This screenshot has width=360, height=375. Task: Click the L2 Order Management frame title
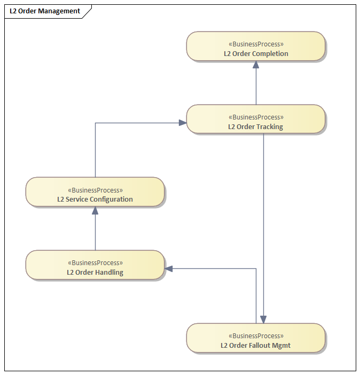click(x=45, y=11)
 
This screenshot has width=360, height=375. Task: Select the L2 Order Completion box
click(x=256, y=46)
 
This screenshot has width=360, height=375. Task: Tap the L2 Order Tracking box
click(x=256, y=119)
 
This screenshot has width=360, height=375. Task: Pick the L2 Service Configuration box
click(x=95, y=192)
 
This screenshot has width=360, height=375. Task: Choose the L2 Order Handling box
click(x=95, y=265)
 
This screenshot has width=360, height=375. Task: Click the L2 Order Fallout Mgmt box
click(x=256, y=338)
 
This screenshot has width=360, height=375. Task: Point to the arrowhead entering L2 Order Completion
click(x=256, y=65)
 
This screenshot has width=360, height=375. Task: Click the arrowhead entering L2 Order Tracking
click(x=182, y=123)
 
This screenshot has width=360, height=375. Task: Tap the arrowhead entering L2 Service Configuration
click(x=95, y=210)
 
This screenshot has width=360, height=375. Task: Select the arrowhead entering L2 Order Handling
click(x=169, y=269)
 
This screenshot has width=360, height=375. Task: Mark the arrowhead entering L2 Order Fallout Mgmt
click(x=263, y=320)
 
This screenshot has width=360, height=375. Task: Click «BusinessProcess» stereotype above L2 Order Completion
click(x=256, y=44)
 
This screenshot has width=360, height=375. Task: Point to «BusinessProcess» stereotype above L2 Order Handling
click(x=95, y=262)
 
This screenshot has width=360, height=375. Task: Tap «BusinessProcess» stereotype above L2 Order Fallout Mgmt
click(x=256, y=336)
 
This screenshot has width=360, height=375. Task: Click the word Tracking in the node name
click(x=269, y=127)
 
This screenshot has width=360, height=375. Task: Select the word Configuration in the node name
click(x=111, y=200)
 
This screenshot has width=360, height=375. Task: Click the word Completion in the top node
click(x=270, y=54)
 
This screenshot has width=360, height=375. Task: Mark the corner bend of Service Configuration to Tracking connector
click(x=95, y=123)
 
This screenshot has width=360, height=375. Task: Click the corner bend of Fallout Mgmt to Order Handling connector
click(x=256, y=269)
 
